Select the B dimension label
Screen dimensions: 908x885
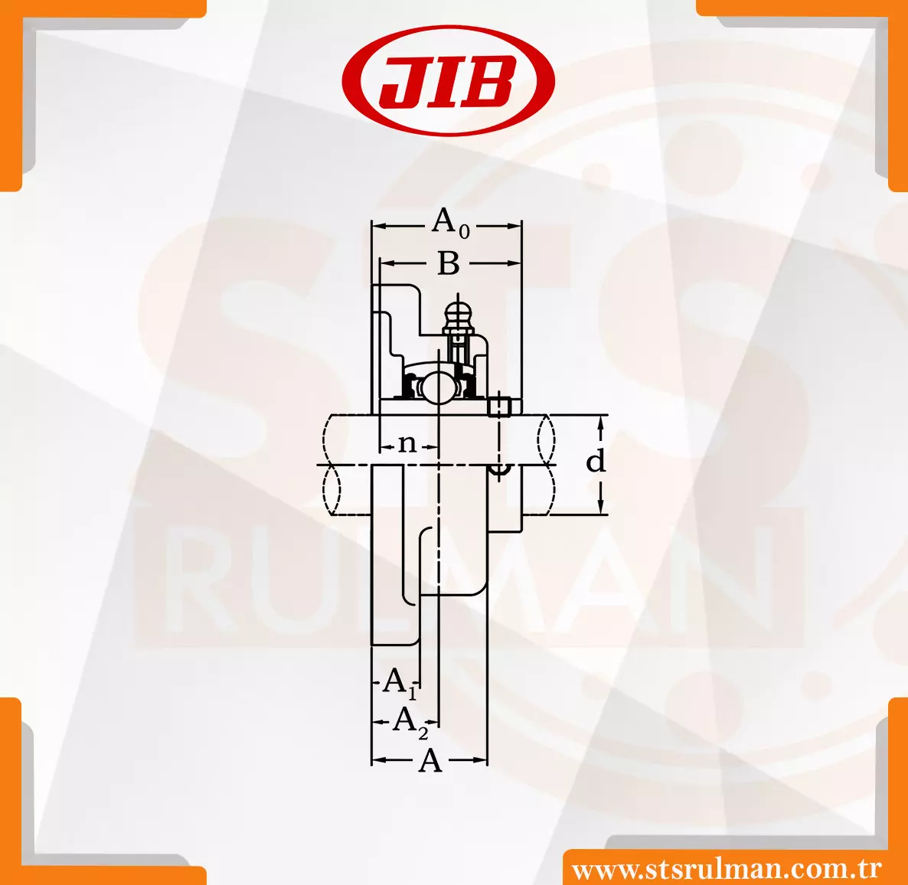click(x=448, y=263)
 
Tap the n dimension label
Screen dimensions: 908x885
click(x=408, y=444)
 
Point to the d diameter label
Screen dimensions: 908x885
click(x=596, y=461)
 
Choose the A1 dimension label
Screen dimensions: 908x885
click(x=400, y=681)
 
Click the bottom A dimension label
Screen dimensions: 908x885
click(x=430, y=760)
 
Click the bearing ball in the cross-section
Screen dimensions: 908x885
click(x=437, y=387)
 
